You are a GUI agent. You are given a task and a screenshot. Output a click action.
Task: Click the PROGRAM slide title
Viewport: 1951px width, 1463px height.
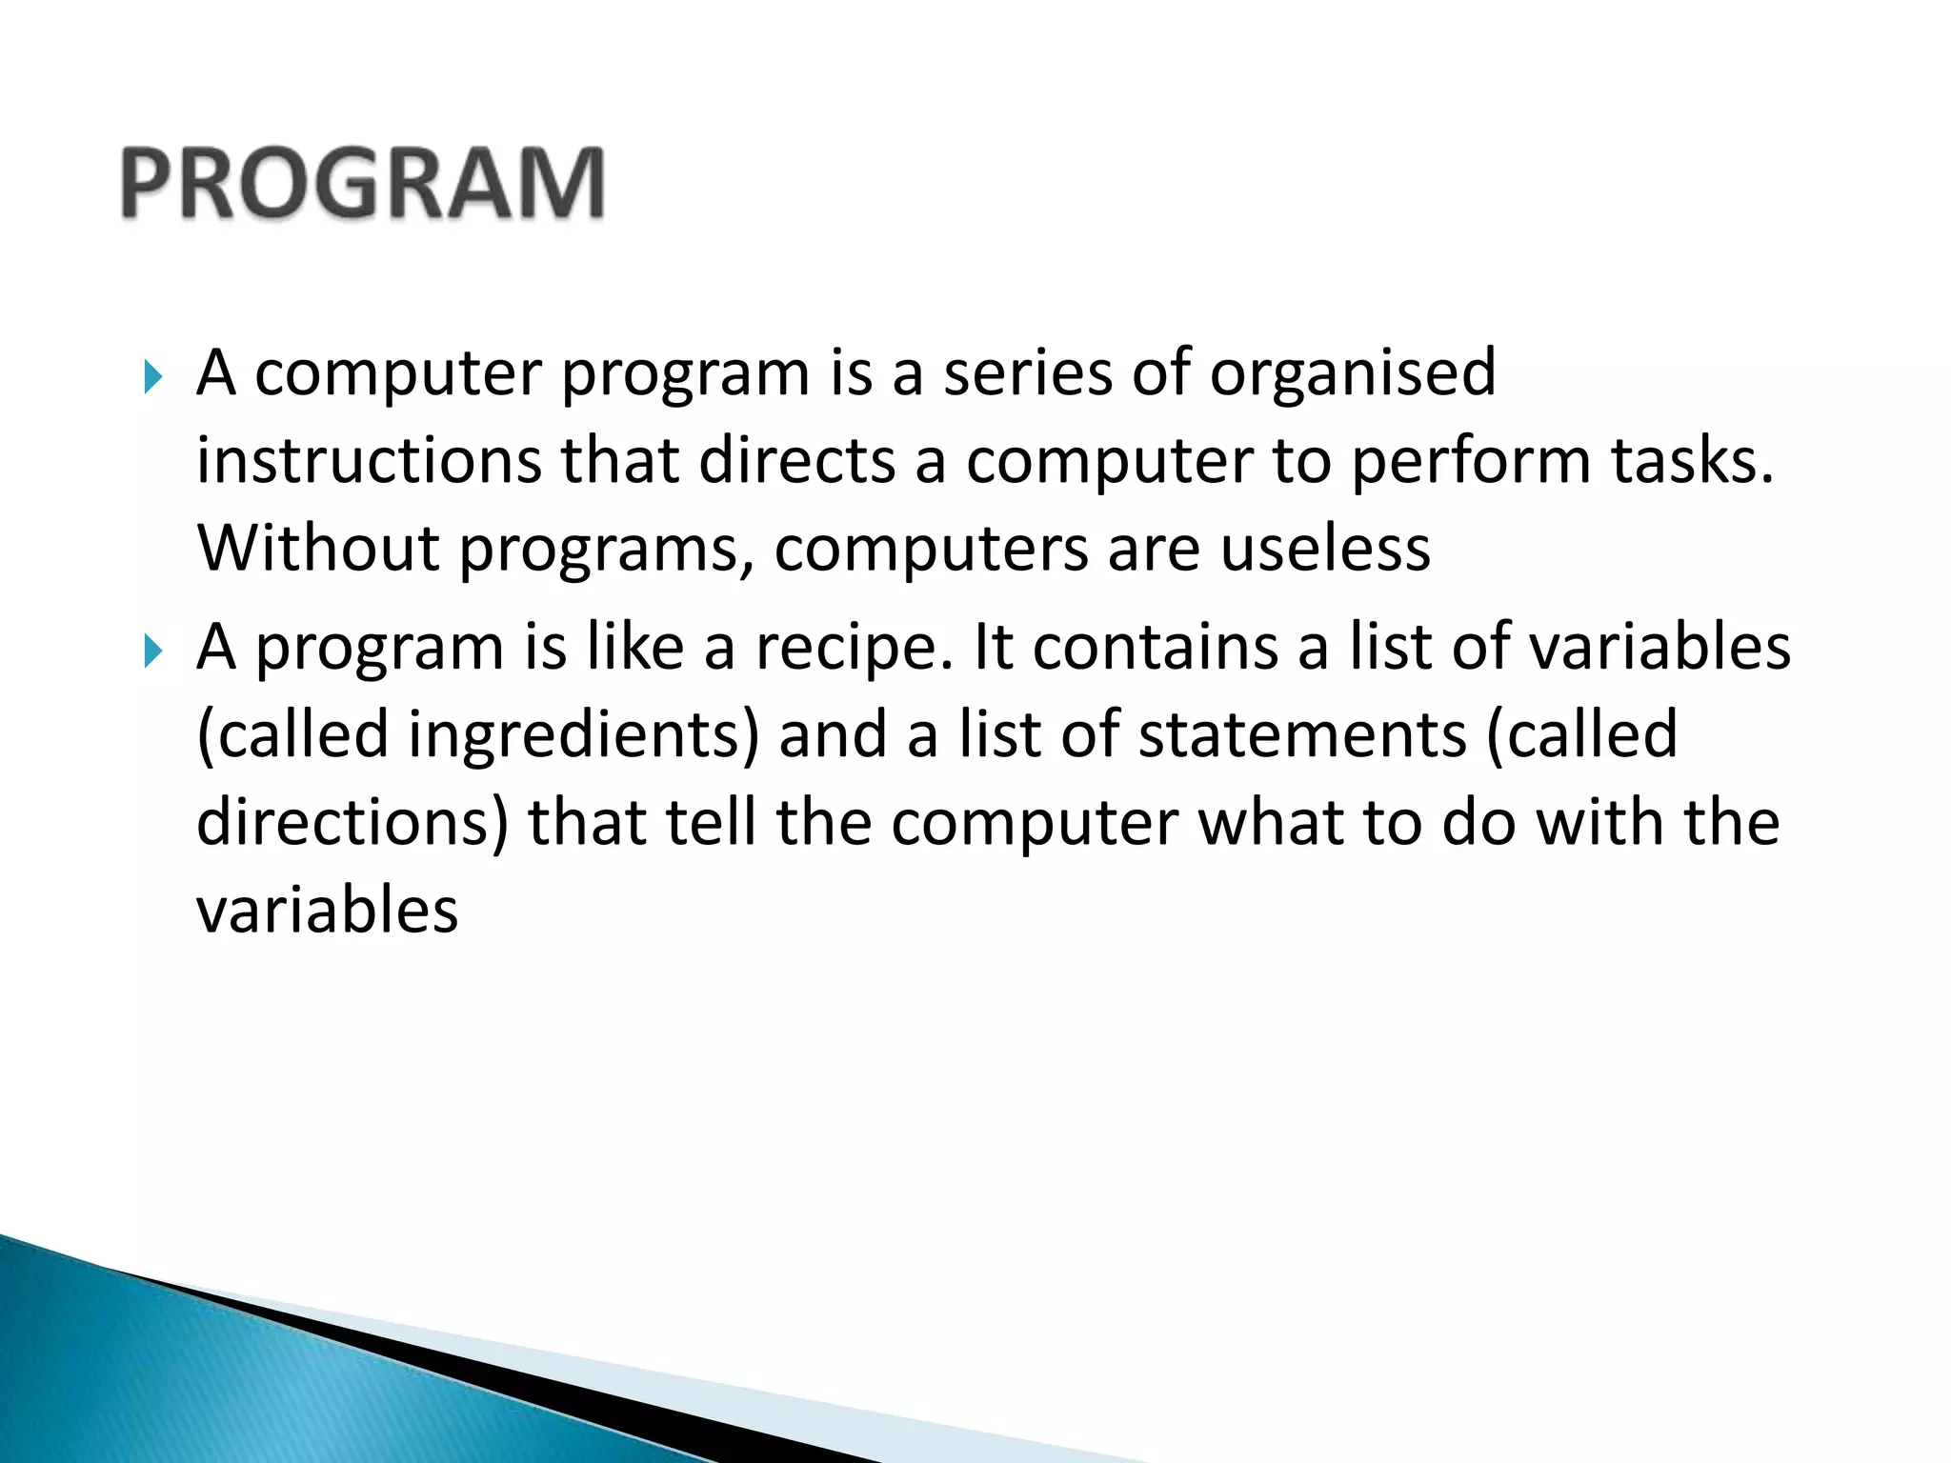point(363,184)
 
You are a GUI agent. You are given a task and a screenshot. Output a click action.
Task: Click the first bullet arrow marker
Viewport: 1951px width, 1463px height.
point(152,378)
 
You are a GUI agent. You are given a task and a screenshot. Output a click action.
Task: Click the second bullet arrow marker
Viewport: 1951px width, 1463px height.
point(152,652)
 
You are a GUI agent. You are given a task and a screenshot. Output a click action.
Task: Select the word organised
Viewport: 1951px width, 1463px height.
point(1353,373)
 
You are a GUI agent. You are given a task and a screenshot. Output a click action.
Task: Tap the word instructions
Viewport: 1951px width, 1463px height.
point(369,461)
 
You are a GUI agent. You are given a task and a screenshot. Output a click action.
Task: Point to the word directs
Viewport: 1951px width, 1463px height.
point(796,461)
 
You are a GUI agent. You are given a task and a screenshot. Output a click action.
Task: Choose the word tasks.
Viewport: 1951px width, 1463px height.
point(1692,461)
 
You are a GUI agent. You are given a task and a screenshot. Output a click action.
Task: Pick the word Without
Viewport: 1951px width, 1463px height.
point(318,549)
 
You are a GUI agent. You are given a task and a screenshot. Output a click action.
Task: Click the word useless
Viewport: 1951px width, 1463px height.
point(1325,549)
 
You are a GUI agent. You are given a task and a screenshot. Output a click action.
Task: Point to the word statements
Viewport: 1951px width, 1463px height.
point(1302,735)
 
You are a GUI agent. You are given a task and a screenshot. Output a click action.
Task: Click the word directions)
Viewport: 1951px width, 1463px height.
point(352,823)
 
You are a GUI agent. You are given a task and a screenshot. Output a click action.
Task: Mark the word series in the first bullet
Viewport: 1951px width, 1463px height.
point(1027,373)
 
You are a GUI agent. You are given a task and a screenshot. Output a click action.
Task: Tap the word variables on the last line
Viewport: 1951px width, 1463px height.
point(328,911)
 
